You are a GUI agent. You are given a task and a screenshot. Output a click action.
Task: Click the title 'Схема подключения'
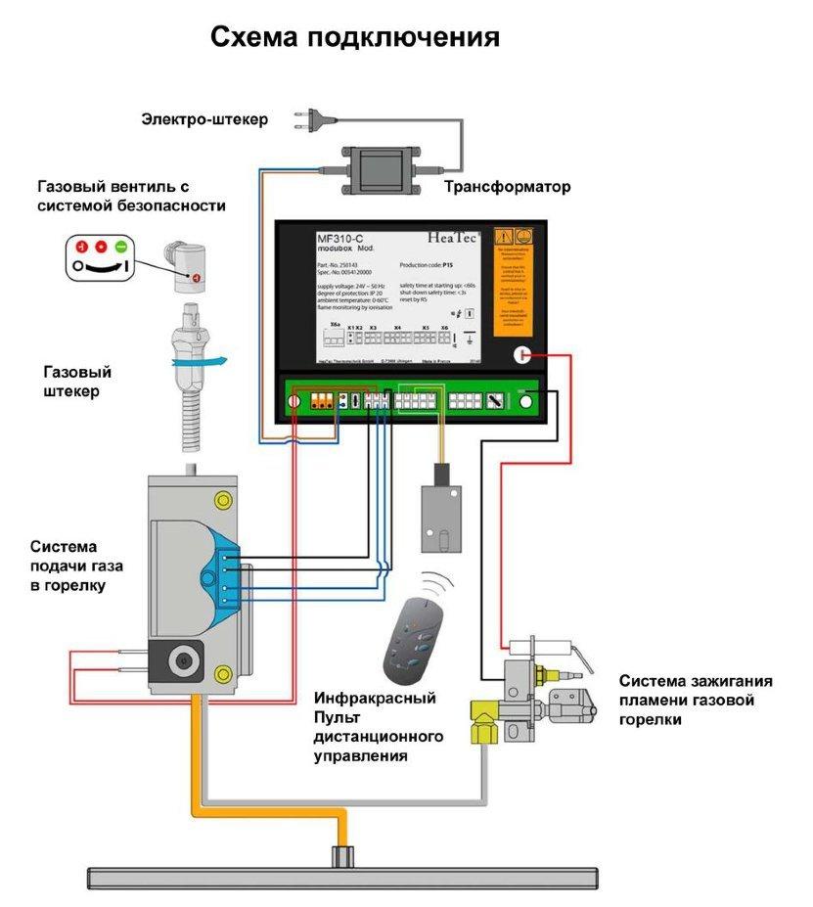tap(355, 37)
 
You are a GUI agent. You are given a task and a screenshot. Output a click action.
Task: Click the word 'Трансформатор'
tap(507, 187)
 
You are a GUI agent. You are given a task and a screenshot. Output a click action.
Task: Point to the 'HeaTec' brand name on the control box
tap(453, 237)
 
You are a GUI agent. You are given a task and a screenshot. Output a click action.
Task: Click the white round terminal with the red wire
tap(524, 356)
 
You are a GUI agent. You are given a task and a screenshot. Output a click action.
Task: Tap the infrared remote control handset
tap(411, 641)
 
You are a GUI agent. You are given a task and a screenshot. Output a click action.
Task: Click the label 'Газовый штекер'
tap(77, 382)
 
